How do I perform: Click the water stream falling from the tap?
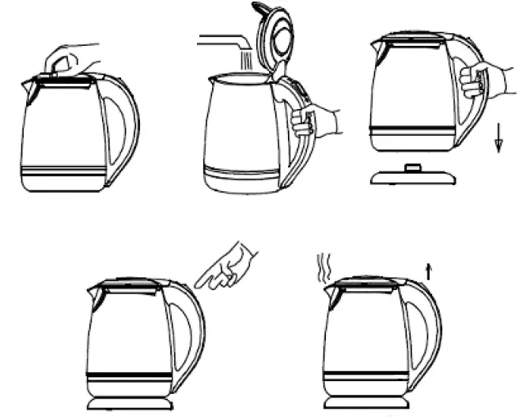245,59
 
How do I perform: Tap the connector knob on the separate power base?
413,165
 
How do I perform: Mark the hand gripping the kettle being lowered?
479,79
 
